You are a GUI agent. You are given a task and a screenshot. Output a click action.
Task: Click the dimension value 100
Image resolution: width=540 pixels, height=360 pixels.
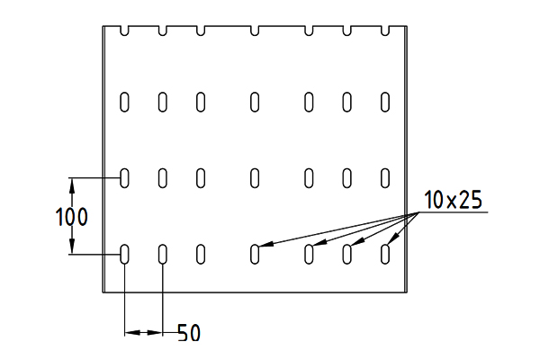[72, 217]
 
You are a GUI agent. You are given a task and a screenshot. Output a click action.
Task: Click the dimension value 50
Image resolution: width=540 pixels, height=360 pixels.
[189, 333]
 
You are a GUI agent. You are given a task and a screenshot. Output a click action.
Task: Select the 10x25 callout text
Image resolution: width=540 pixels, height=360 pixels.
[453, 200]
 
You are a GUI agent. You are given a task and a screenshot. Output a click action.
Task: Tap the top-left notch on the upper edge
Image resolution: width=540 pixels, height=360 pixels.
[124, 31]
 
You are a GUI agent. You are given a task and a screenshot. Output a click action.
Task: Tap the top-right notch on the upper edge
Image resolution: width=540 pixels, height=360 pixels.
[385, 31]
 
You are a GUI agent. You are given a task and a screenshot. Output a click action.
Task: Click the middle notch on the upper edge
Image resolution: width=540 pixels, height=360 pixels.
[255, 31]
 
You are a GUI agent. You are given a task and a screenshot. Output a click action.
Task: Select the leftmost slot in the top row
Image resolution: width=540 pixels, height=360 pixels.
[124, 102]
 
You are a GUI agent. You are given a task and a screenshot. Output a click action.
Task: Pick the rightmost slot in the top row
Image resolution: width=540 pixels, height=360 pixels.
[385, 102]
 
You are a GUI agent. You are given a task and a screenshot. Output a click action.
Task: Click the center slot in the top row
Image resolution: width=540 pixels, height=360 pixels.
[255, 102]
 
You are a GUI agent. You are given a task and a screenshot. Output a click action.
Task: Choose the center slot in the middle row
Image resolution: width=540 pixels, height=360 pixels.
[255, 178]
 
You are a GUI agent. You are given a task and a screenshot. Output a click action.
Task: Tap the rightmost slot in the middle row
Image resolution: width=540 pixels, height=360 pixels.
[385, 178]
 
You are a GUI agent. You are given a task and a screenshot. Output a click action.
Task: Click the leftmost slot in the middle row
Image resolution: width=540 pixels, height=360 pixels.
[124, 178]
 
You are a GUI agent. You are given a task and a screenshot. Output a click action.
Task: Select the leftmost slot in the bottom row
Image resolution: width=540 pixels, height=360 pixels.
[124, 254]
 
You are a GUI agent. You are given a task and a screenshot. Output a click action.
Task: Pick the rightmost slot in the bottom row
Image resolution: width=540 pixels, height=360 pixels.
[385, 254]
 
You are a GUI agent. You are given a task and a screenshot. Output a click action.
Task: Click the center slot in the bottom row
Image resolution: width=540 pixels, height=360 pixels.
[255, 254]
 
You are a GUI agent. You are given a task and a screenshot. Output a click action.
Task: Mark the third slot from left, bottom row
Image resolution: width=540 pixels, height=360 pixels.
[201, 254]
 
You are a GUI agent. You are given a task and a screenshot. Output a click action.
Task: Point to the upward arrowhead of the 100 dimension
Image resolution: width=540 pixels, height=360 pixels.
[72, 185]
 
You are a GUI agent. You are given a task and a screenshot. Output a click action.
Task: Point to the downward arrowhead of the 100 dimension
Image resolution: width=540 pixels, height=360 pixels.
[72, 247]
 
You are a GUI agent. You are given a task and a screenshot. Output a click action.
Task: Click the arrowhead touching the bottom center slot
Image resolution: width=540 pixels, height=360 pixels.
[265, 244]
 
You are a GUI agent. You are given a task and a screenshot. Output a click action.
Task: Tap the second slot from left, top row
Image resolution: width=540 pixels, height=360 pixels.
[163, 102]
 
